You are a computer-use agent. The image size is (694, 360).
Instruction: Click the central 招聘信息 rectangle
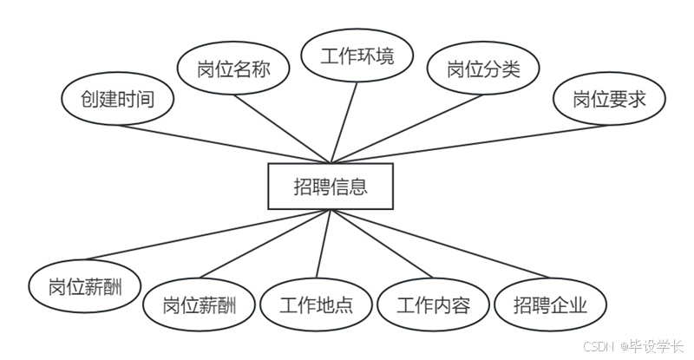331,186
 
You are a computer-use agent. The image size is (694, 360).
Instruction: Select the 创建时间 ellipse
118,99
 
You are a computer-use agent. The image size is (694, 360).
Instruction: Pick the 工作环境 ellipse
357,57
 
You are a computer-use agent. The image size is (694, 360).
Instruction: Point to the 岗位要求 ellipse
609,99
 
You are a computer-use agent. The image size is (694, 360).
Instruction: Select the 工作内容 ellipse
433,305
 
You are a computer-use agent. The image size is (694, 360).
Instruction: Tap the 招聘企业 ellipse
550,305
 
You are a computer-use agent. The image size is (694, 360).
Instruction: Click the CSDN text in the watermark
599,345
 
